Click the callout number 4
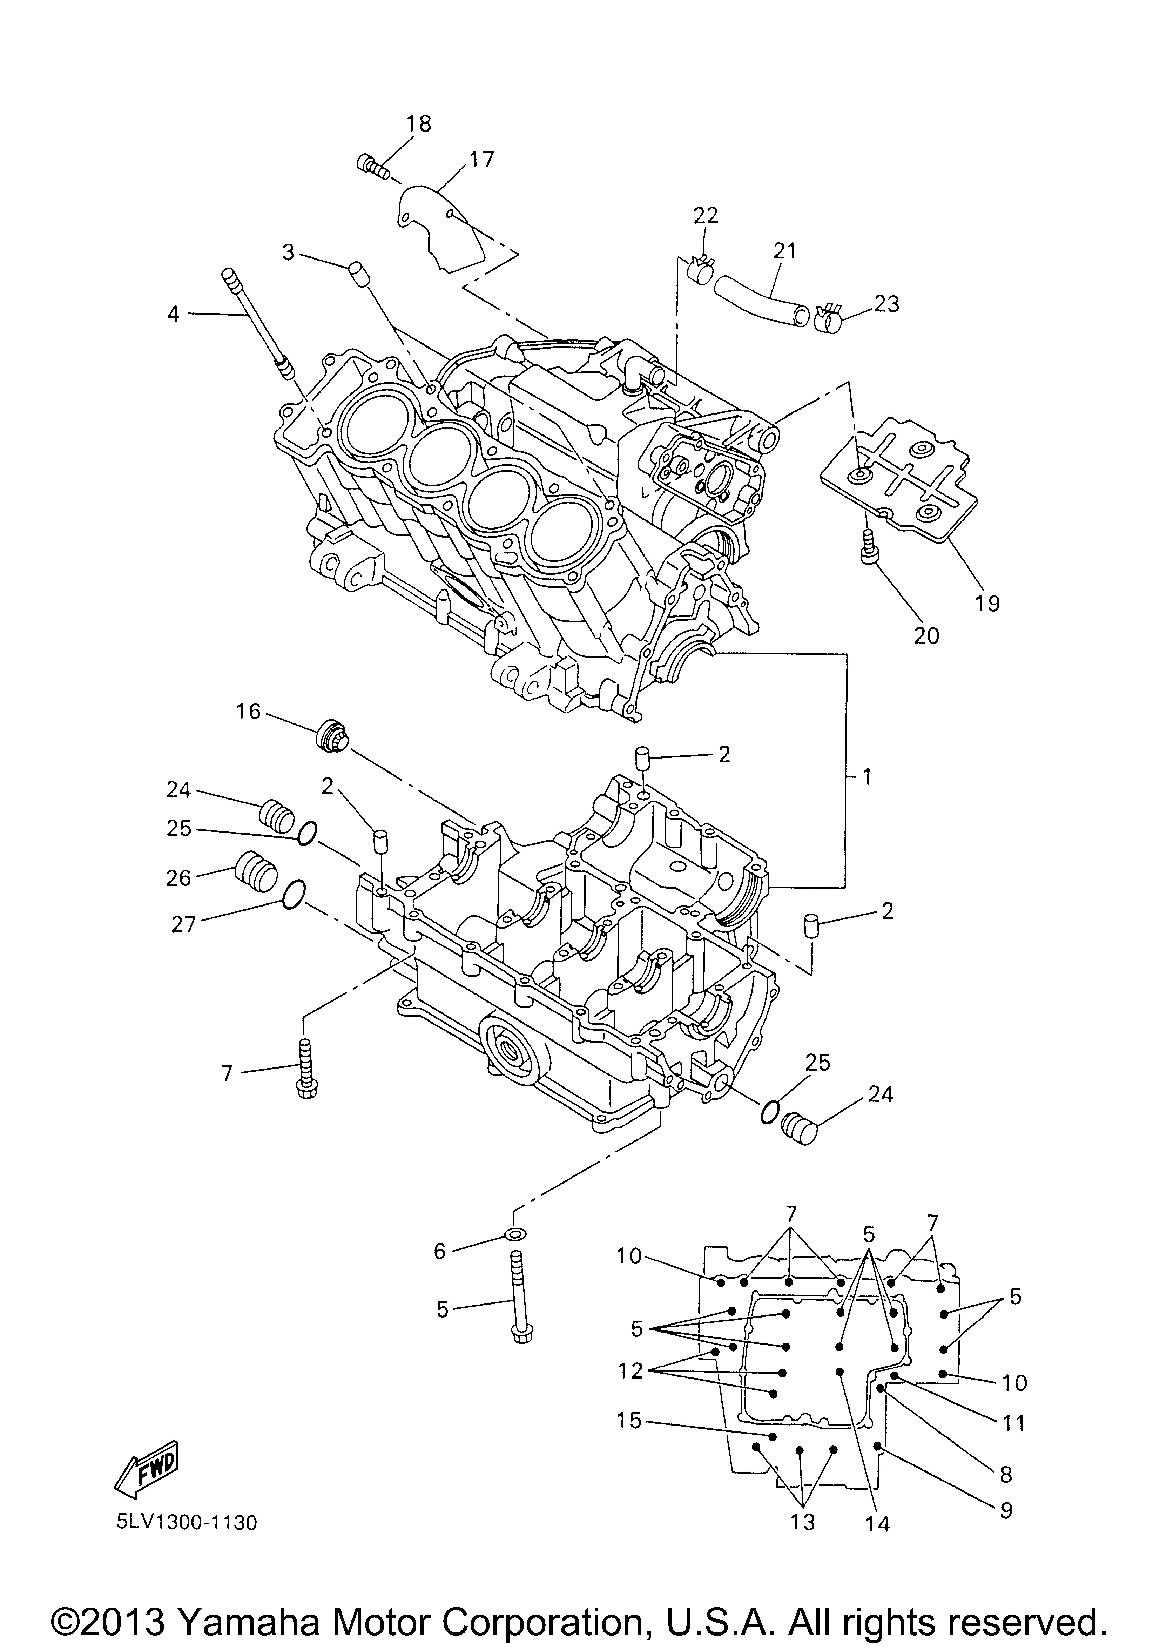(173, 314)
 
